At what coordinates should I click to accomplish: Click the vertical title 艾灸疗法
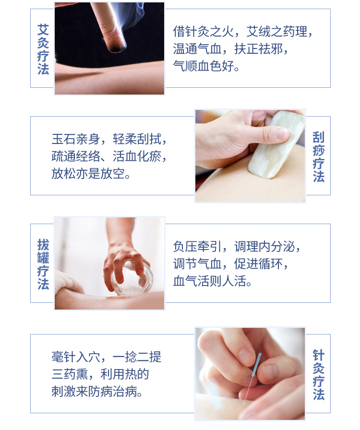click(x=43, y=49)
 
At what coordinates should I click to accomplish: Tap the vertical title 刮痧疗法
click(x=319, y=157)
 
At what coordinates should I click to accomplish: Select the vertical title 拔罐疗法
click(x=43, y=264)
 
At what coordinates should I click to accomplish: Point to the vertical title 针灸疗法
click(x=319, y=375)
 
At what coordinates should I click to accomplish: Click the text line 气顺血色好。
click(x=206, y=66)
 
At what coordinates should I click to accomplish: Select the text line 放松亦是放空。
click(x=91, y=174)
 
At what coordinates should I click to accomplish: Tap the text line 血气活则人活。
click(x=212, y=281)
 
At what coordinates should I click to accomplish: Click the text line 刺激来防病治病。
click(x=97, y=392)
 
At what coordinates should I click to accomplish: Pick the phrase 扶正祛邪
click(x=258, y=49)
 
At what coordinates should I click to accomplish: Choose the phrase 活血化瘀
click(x=137, y=156)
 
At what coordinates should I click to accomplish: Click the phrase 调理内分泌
click(x=264, y=247)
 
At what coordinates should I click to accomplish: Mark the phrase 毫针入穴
click(x=76, y=357)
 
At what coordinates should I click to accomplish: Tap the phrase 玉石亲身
click(x=76, y=139)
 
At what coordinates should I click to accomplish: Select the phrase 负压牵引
click(x=197, y=247)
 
